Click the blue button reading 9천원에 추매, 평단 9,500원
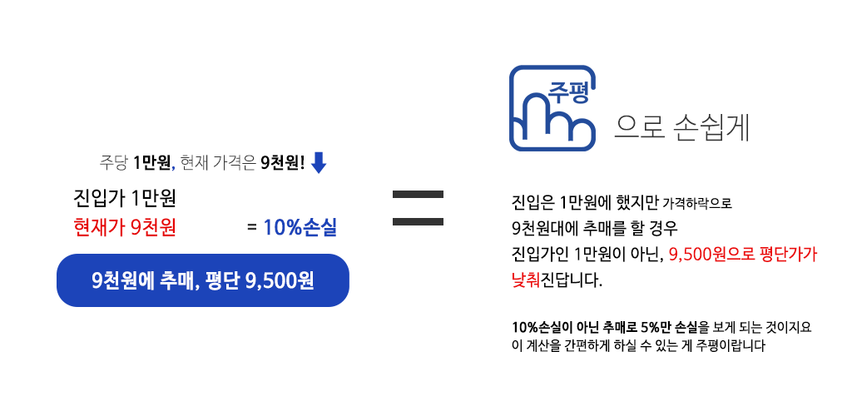coord(202,280)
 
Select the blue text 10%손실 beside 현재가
coord(300,227)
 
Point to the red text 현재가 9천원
coord(125,227)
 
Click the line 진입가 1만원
coord(125,200)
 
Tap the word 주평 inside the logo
coord(568,92)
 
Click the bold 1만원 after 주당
coord(151,163)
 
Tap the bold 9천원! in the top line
coord(283,163)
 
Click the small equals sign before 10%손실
coord(251,227)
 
